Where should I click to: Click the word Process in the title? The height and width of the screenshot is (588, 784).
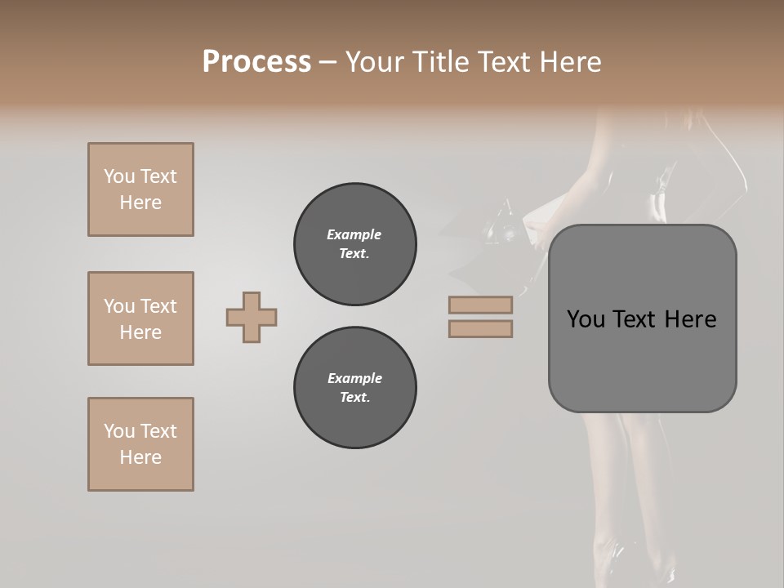pos(256,62)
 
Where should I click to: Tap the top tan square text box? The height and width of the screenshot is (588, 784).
pos(140,189)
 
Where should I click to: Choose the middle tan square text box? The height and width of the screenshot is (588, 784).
pos(140,318)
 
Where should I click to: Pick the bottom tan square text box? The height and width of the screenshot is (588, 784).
pos(140,444)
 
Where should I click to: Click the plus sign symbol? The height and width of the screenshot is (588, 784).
pos(252,318)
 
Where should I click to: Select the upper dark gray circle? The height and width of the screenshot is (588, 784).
pos(355,244)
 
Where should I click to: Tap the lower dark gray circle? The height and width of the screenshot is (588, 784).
pos(355,388)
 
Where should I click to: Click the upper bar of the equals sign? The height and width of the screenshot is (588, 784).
pos(480,305)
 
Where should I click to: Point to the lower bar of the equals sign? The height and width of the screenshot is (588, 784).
pos(480,329)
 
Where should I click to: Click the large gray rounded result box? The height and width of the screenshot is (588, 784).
pos(642,359)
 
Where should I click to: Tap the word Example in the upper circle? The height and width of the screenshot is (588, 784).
pos(354,234)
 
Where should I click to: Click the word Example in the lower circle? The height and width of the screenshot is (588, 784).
pos(354,378)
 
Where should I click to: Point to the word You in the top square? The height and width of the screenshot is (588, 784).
pos(118,176)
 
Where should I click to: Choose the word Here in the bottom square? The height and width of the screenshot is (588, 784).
pos(140,457)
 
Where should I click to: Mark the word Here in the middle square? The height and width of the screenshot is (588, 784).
pos(140,332)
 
